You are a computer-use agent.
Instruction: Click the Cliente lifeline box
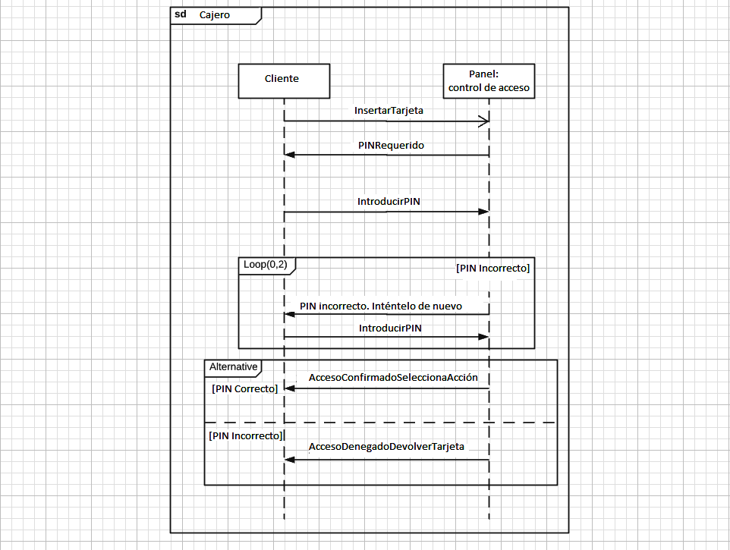point(284,80)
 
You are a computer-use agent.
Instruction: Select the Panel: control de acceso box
point(489,80)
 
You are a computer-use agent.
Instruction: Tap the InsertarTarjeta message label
point(389,111)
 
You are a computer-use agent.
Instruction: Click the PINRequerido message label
point(391,144)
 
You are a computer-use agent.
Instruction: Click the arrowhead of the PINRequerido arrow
point(290,155)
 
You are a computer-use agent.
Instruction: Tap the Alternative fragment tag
point(232,367)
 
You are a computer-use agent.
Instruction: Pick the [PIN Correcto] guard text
point(244,388)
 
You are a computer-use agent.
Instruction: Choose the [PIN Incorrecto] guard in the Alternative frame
point(246,436)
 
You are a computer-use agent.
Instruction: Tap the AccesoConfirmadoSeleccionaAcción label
point(393,378)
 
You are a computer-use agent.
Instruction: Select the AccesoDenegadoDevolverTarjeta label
point(386,447)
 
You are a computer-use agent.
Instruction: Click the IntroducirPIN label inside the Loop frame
point(390,328)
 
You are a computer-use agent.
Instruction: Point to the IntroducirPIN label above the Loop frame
point(389,202)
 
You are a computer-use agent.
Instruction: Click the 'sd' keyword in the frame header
point(181,15)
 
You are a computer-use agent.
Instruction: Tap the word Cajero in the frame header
point(215,15)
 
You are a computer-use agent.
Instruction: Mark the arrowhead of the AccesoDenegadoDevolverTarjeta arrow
point(290,459)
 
